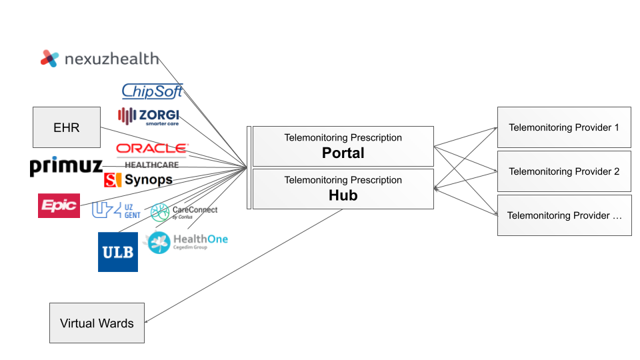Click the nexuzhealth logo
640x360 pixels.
point(100,59)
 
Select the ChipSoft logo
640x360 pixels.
point(152,91)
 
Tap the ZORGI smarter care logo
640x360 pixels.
point(148,116)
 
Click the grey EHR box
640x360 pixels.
point(67,127)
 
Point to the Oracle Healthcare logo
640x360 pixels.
point(152,153)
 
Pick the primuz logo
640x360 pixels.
point(66,167)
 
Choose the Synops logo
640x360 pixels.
point(139,180)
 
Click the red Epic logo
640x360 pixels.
point(59,205)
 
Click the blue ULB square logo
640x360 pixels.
point(118,252)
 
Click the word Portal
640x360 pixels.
point(343,153)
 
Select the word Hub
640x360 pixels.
point(343,195)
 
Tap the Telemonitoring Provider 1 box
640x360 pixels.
point(564,127)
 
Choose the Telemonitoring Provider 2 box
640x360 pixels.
point(564,171)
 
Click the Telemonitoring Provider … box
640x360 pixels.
point(564,215)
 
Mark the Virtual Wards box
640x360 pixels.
point(97,323)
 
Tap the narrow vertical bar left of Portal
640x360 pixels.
point(249,167)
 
